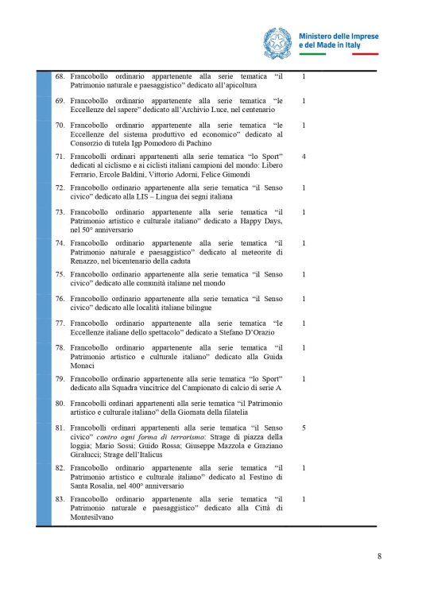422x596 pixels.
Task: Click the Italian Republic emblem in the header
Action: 277,41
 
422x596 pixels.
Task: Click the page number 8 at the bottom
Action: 379,555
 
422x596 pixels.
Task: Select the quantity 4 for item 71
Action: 304,157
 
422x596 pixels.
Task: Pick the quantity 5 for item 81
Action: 304,428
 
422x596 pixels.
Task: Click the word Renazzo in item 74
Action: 89,261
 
